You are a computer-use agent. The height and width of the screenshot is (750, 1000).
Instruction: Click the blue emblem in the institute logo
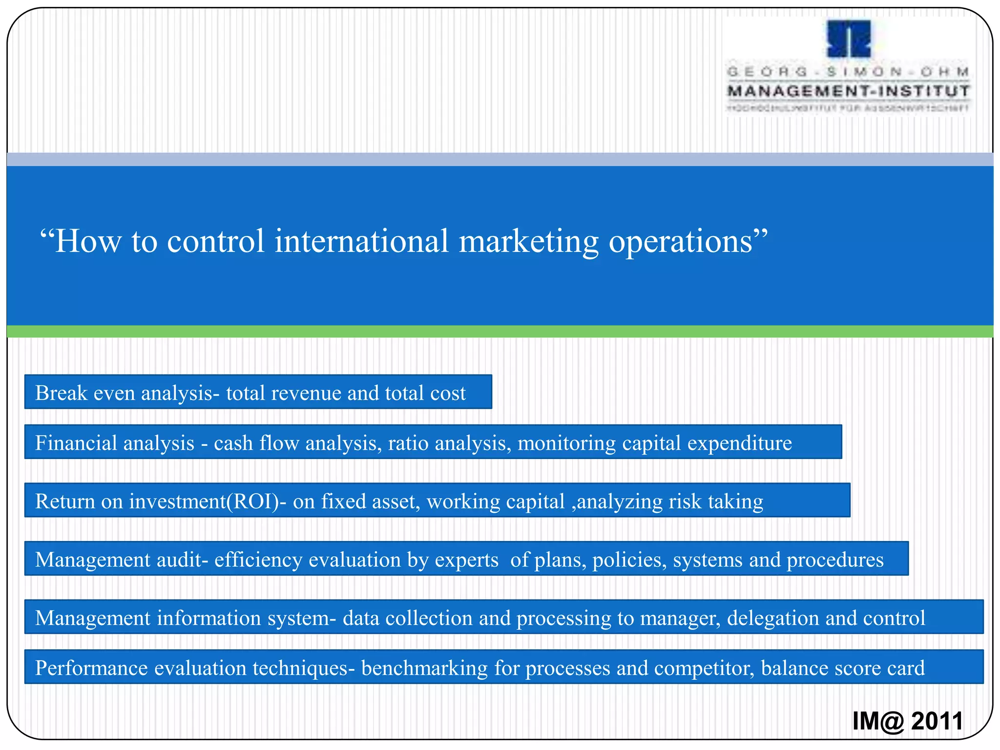(x=849, y=39)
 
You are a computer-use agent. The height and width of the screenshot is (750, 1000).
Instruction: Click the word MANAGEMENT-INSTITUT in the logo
(x=849, y=91)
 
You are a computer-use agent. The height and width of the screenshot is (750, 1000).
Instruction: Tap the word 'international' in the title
(x=361, y=241)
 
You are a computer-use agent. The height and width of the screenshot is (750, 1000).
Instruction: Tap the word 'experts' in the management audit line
(x=466, y=560)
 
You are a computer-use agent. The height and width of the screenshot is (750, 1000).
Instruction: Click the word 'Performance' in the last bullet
(x=91, y=668)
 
